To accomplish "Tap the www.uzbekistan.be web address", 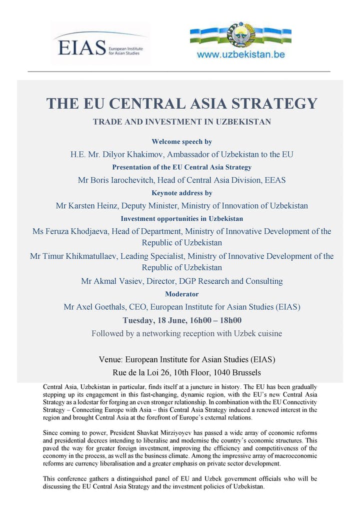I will (241, 55).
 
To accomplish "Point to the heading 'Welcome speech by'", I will (181, 142).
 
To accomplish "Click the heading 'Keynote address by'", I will (181, 193).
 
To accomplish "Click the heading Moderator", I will (181, 294).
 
